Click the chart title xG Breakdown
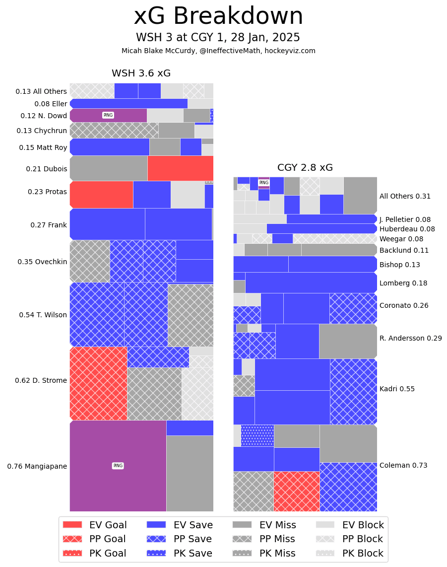pyautogui.click(x=218, y=17)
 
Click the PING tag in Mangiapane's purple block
pyautogui.click(x=118, y=466)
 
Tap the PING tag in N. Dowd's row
pyautogui.click(x=108, y=115)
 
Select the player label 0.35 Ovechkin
pyautogui.click(x=42, y=262)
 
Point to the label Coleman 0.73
pyautogui.click(x=403, y=465)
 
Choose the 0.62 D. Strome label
pyautogui.click(x=41, y=380)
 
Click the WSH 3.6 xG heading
pyautogui.click(x=141, y=73)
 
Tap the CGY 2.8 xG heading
pyautogui.click(x=305, y=168)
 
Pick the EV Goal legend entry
pyautogui.click(x=94, y=525)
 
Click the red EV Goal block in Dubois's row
pyautogui.click(x=180, y=168)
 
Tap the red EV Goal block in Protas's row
pyautogui.click(x=101, y=195)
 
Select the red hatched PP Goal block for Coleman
pyautogui.click(x=296, y=491)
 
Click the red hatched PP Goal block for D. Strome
pyautogui.click(x=98, y=383)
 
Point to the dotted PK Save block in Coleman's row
pyautogui.click(x=257, y=435)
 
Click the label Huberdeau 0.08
pyautogui.click(x=407, y=229)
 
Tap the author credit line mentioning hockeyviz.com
pyautogui.click(x=218, y=51)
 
